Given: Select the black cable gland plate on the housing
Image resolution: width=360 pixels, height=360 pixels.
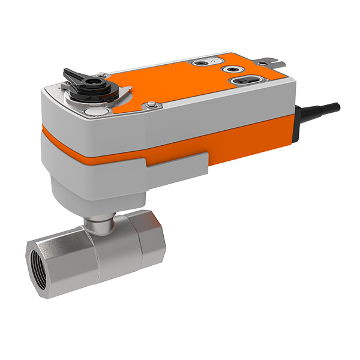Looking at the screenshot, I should pyautogui.click(x=298, y=125).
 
